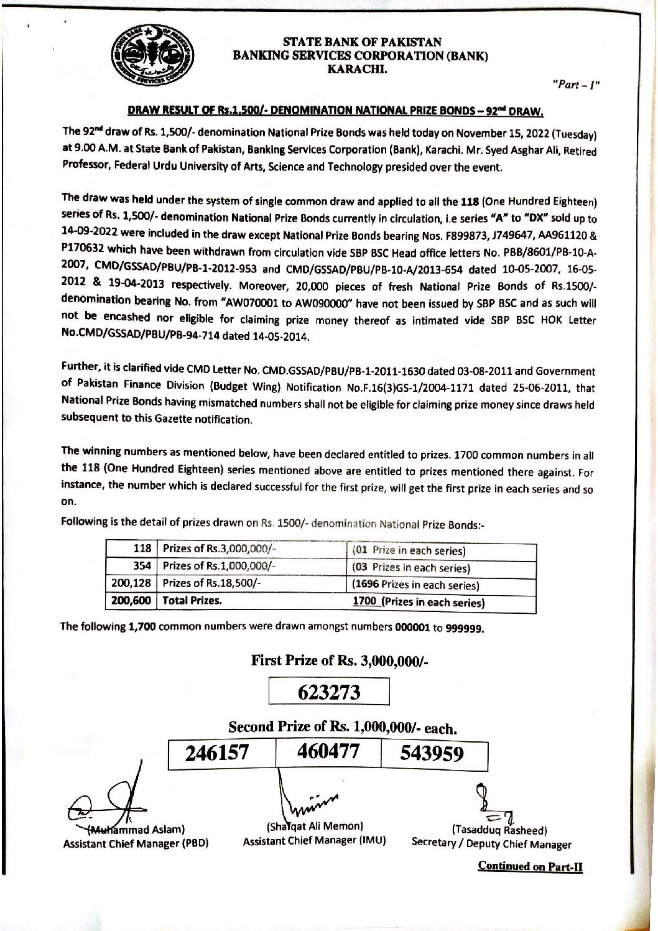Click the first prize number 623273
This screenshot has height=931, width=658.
pos(329,692)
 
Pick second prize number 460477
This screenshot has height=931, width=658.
pos(328,753)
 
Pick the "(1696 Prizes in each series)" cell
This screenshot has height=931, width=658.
pos(415,585)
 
